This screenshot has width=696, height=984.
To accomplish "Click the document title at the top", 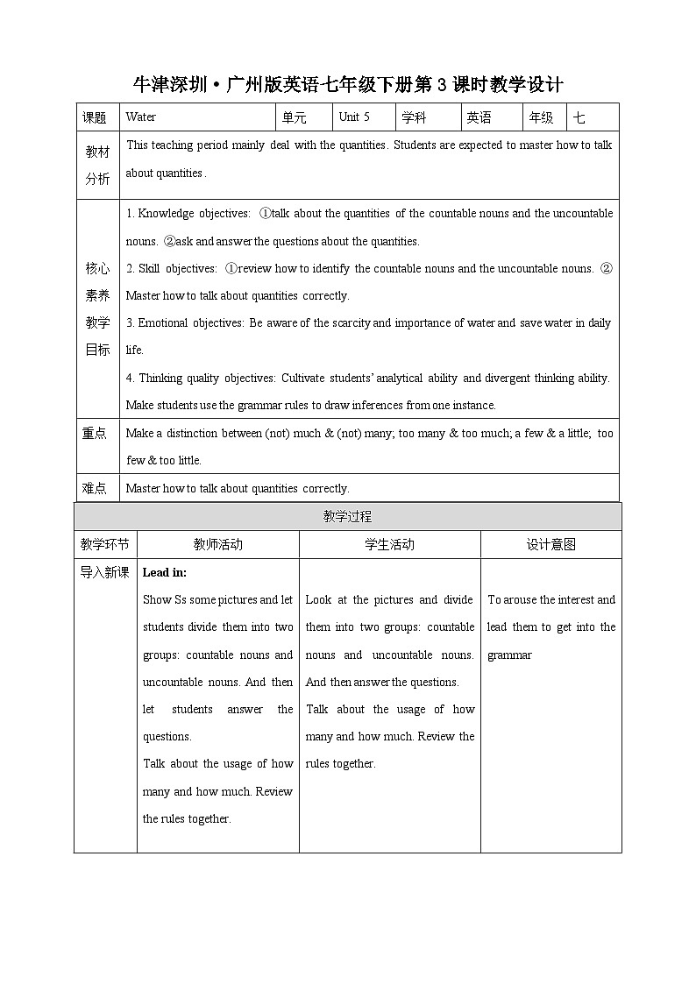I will point(347,85).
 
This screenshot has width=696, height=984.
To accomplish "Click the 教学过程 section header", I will point(347,517).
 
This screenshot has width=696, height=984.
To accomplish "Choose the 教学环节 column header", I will point(104,544).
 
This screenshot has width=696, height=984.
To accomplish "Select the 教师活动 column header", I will point(217,544).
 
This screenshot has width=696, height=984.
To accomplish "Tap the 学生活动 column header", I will point(389,544).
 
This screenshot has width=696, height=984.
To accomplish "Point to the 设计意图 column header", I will point(550,544).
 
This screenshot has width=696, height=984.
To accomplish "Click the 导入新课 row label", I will point(104,572).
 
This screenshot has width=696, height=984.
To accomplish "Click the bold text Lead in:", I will point(165,572).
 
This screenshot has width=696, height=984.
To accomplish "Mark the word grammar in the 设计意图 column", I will point(509,655).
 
